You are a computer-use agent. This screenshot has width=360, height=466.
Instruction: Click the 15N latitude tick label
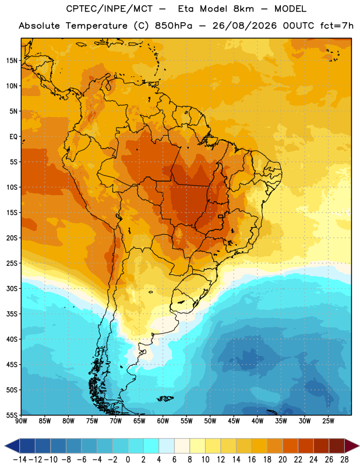click(x=12, y=61)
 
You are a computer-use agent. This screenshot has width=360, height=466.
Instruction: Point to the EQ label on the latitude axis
click(x=13, y=137)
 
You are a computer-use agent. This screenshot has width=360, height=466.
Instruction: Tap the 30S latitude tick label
click(x=12, y=288)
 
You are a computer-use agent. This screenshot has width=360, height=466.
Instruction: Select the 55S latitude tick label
click(x=12, y=415)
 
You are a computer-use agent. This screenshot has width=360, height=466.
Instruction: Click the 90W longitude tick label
click(x=21, y=421)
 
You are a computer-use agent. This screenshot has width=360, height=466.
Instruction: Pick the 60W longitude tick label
click(x=163, y=421)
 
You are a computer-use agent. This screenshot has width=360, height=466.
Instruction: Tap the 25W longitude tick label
click(x=328, y=421)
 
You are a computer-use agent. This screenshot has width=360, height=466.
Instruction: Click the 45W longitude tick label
click(x=234, y=421)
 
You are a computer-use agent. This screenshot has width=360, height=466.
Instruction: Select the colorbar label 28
click(x=344, y=460)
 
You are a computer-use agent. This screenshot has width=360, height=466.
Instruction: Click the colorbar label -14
click(x=20, y=460)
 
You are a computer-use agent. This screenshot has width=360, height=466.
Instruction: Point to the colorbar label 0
click(x=128, y=460)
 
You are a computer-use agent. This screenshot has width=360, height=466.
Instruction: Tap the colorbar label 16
click(x=252, y=460)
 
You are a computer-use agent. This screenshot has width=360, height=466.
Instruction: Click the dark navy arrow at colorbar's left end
click(x=12, y=446)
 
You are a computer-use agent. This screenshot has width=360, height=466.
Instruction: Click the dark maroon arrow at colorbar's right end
click(x=352, y=446)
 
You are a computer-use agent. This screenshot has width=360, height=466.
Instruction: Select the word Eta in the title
click(x=185, y=9)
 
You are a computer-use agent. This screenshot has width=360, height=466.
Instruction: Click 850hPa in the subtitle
click(x=174, y=26)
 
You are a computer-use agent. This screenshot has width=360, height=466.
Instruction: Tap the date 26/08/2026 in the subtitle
click(x=244, y=26)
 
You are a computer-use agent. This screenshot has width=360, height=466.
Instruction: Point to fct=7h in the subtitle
click(x=337, y=26)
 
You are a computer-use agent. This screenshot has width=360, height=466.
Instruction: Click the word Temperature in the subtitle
click(x=97, y=26)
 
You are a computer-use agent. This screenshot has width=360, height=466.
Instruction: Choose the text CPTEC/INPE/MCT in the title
click(x=109, y=9)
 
